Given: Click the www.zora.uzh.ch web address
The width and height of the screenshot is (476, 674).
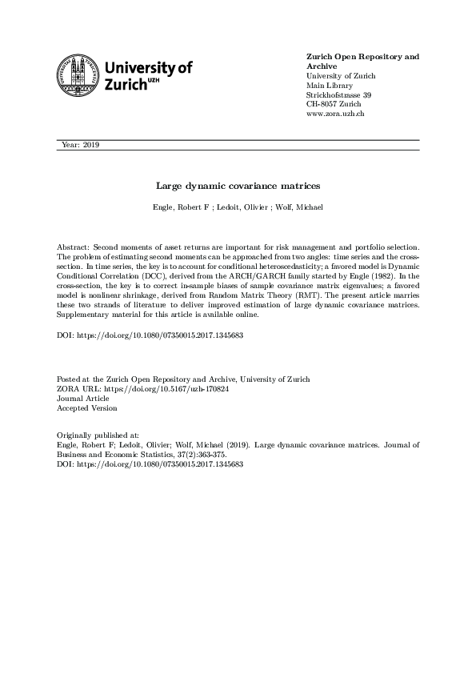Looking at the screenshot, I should [336, 114].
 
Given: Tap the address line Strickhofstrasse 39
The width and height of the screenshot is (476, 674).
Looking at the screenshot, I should [338, 95].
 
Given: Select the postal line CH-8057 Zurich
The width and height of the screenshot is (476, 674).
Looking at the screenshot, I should [335, 105].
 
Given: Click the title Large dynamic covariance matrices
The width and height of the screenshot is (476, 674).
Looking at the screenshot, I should [238, 185].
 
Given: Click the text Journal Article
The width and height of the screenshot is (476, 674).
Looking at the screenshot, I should [84, 398].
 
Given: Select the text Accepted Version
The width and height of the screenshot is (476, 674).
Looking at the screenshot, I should [86, 407].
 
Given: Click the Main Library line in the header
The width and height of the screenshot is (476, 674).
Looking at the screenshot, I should [330, 86].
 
